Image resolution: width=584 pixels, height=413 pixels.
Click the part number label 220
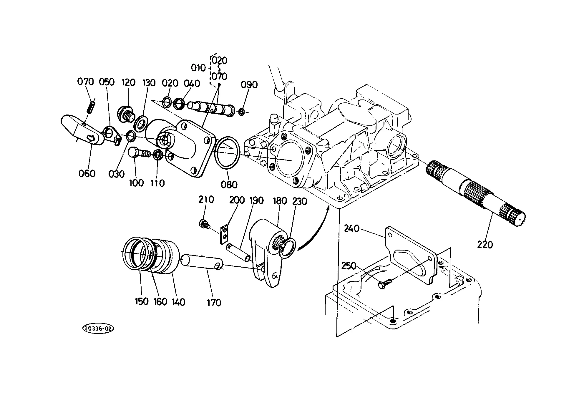(x=485, y=244)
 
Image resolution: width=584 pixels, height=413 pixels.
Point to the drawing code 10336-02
(x=98, y=329)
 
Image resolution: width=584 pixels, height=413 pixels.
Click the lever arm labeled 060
(x=83, y=130)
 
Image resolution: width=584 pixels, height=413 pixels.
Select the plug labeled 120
(x=125, y=115)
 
